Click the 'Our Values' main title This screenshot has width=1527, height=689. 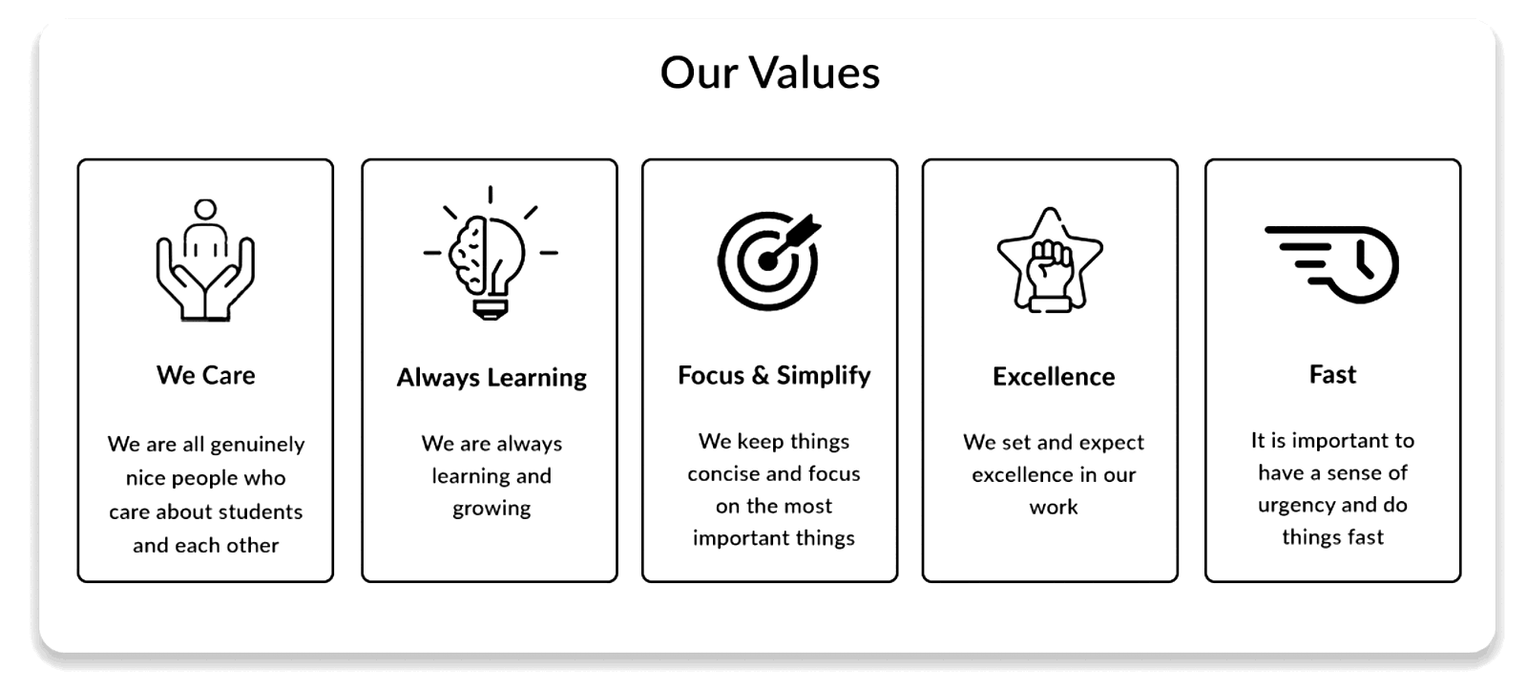click(x=769, y=73)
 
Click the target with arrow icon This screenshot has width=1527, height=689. click(x=769, y=261)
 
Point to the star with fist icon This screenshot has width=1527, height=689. click(x=1050, y=260)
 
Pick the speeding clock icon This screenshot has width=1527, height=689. click(x=1331, y=264)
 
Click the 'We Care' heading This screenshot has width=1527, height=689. click(x=206, y=375)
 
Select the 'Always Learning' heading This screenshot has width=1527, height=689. click(x=492, y=378)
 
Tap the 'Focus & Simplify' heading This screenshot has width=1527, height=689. click(x=774, y=375)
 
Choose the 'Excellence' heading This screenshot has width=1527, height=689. click(x=1054, y=376)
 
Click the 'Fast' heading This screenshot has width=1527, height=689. click(x=1332, y=374)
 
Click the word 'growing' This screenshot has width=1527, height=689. click(x=492, y=509)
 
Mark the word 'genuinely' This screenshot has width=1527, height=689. click(x=258, y=446)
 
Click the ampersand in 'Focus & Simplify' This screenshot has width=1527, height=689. click(x=760, y=375)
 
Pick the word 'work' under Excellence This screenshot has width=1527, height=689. click(x=1054, y=507)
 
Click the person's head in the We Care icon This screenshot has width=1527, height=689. click(x=205, y=209)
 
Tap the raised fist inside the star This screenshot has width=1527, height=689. click(x=1051, y=267)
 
